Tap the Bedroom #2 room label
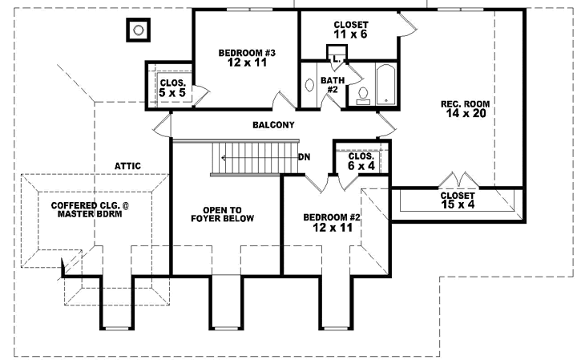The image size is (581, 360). pos(329,217)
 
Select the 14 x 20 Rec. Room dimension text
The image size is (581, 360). pos(464,114)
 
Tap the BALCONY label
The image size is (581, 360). pos(273,125)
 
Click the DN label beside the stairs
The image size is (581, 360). pos(305,157)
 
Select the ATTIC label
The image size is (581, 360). pos(127,166)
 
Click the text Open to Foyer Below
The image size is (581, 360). pos(222,212)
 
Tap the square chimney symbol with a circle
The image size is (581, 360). pos(137,30)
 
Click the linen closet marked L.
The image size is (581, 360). pos(337,56)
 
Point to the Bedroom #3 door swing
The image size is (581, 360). pos(284,100)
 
